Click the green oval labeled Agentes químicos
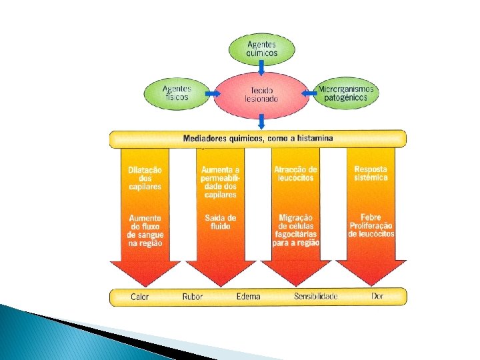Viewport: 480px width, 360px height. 262,48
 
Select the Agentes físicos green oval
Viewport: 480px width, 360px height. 177,93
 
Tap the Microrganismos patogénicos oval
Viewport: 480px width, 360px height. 346,93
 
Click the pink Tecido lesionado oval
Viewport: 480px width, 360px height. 263,94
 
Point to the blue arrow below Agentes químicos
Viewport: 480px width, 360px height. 262,69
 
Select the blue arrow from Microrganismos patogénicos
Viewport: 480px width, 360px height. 309,94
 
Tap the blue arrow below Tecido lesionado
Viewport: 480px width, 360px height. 262,121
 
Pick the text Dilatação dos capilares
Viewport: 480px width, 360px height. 145,178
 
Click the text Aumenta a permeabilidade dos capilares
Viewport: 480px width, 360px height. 219,182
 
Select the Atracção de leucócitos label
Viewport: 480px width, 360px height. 295,174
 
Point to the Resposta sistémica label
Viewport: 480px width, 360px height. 371,173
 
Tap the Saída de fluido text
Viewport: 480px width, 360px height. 220,222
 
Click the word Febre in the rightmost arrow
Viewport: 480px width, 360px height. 371,217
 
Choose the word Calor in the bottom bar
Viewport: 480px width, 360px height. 140,297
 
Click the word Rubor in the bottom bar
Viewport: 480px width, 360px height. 192,297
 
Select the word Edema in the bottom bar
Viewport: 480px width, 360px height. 248,297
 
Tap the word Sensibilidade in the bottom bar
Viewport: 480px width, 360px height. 316,297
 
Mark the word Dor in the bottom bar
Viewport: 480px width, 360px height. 379,296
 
